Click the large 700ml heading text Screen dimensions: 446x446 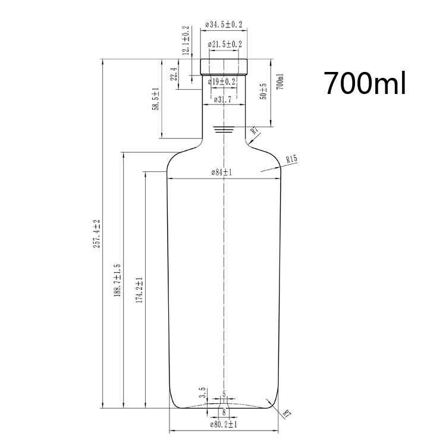[x=365, y=83]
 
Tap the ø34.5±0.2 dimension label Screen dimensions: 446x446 [x=224, y=24]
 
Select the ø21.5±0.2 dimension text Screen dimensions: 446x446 [x=225, y=44]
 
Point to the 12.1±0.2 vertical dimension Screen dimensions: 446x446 [x=186, y=40]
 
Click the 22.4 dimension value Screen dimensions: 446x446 [x=174, y=74]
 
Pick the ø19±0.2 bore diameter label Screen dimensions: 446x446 [x=222, y=82]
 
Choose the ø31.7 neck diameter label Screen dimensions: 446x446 [x=222, y=99]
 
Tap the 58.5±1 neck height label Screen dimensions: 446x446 [x=156, y=99]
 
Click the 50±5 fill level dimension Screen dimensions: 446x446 [x=263, y=92]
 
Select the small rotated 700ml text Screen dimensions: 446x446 [x=280, y=81]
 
